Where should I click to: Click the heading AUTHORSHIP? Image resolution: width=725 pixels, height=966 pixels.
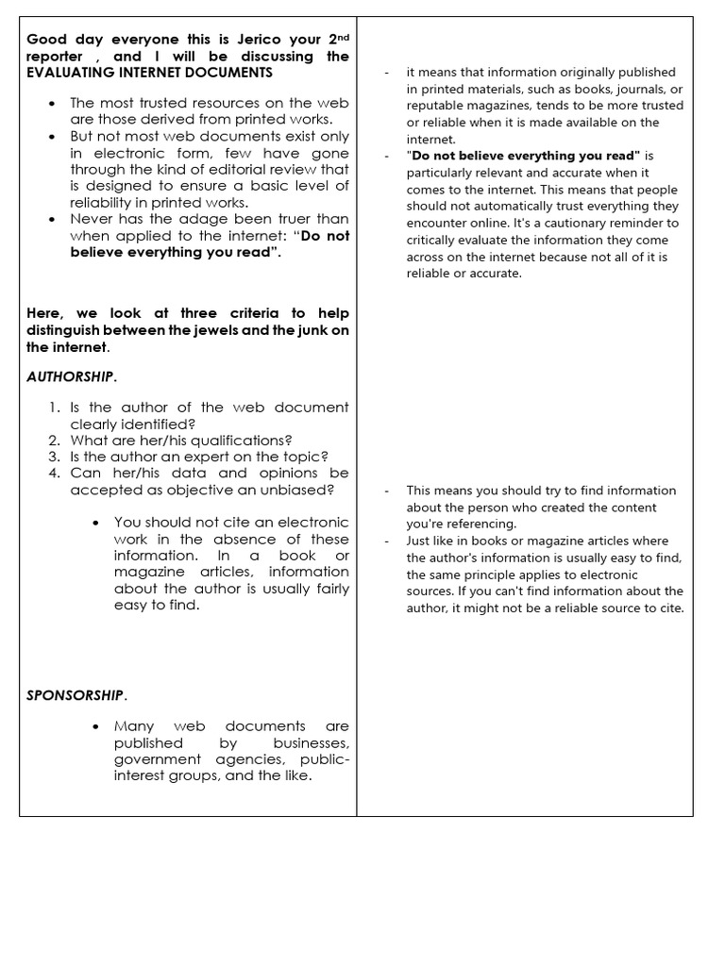pyautogui.click(x=69, y=376)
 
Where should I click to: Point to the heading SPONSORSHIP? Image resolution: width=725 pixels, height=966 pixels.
pyautogui.click(x=75, y=695)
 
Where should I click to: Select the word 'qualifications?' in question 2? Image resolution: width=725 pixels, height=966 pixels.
pyautogui.click(x=242, y=441)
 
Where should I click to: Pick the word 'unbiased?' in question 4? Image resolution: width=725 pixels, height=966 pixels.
pyautogui.click(x=299, y=490)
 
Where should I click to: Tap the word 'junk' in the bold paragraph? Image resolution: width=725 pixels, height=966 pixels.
pyautogui.click(x=299, y=331)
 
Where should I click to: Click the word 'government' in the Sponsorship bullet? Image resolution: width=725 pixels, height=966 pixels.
pyautogui.click(x=151, y=759)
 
